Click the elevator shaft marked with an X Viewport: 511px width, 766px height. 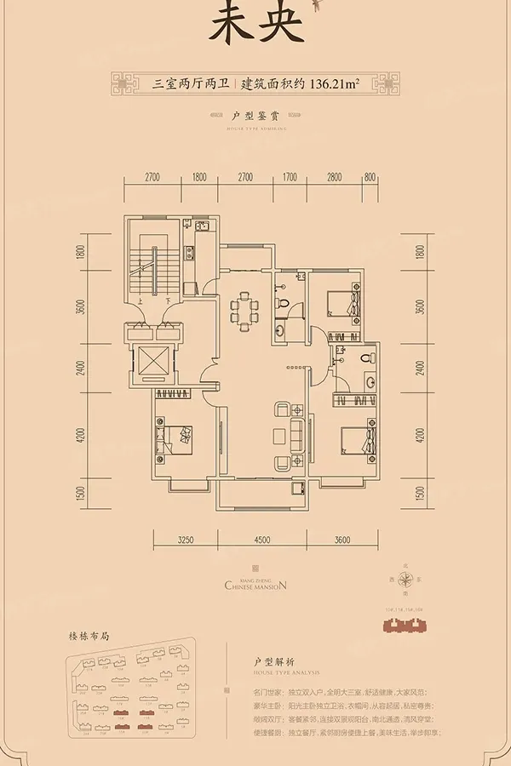[x=152, y=363]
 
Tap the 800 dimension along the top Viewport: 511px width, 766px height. [x=370, y=178]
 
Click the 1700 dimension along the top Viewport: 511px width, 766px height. [x=290, y=178]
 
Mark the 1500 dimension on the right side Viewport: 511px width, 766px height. [x=420, y=493]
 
